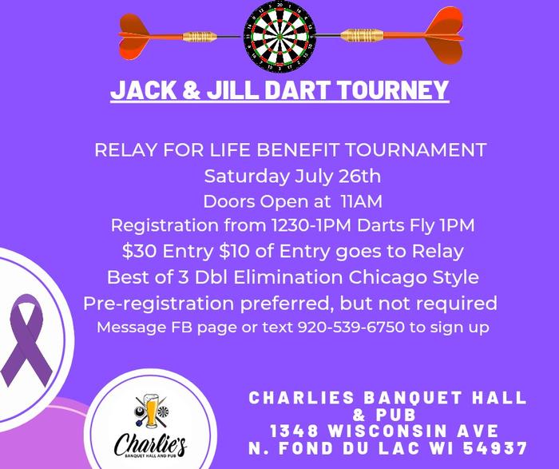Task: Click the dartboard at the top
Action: [x=279, y=37]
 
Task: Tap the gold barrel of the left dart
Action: [x=200, y=37]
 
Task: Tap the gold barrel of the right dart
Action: [x=362, y=35]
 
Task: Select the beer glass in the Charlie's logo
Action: [x=151, y=410]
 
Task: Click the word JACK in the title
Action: [x=143, y=89]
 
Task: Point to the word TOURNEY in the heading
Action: [x=392, y=89]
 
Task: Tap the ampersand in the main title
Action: [x=192, y=89]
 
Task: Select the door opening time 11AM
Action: [x=362, y=201]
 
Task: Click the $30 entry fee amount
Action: [x=140, y=251]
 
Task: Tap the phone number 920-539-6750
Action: [x=351, y=327]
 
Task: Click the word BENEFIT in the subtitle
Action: [x=296, y=149]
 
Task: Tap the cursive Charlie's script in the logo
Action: [x=150, y=443]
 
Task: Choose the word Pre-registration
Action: [x=159, y=304]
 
